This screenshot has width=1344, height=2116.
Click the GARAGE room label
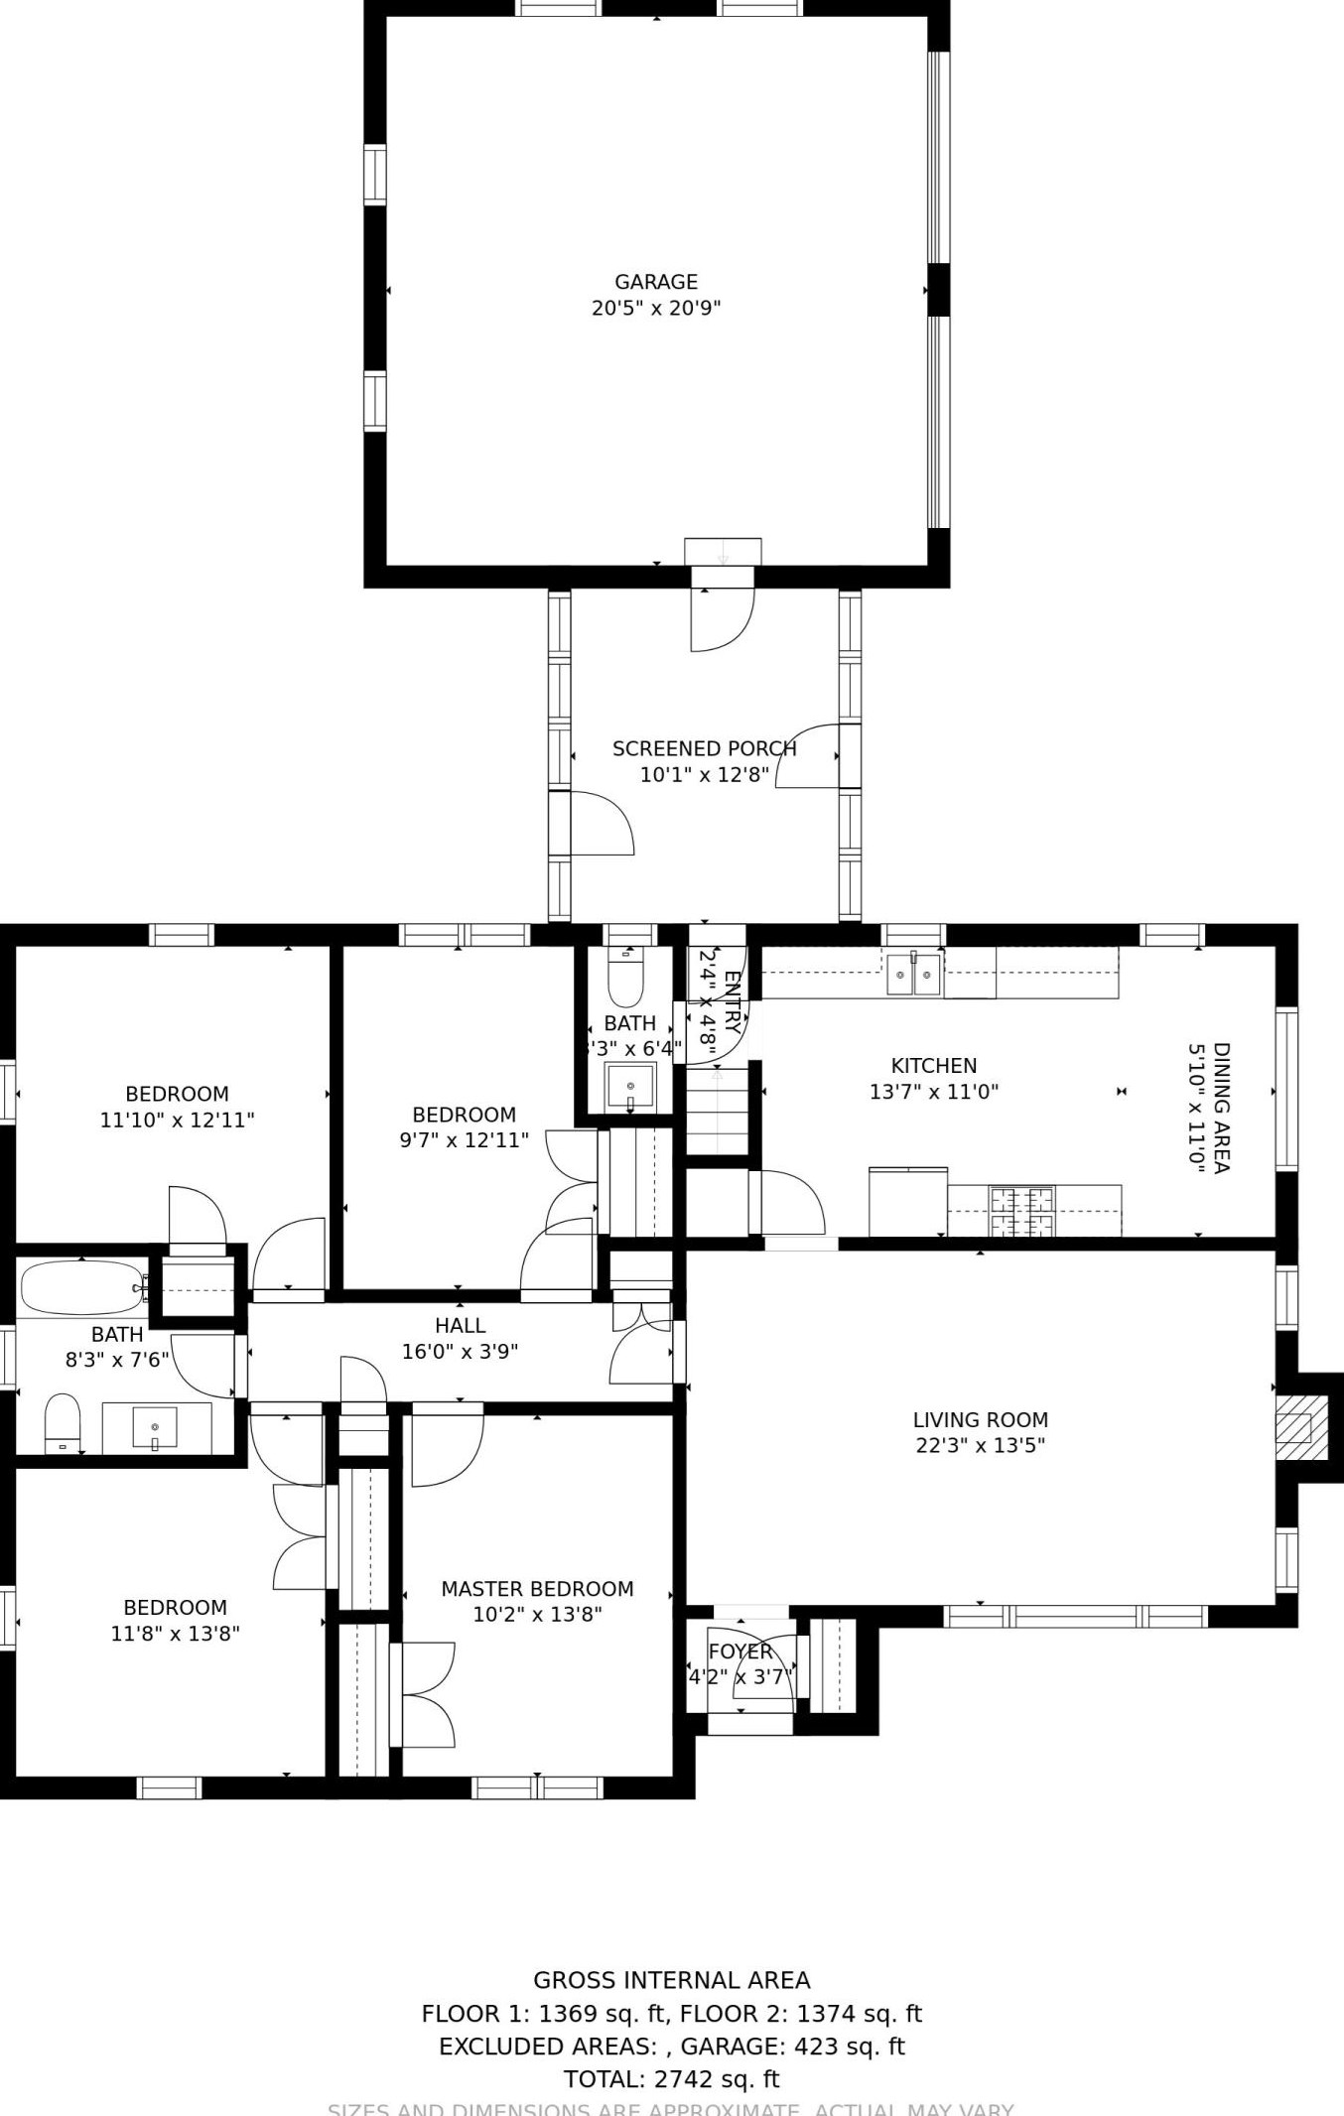coord(655,282)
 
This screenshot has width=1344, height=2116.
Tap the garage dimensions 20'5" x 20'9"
coord(655,309)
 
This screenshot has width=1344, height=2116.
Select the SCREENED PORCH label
coord(704,749)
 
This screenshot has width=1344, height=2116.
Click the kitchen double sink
coord(914,974)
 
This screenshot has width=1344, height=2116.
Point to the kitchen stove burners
coord(1021,1211)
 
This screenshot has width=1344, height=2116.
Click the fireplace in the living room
coord(1300,1428)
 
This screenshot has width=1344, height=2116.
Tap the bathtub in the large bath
coord(80,1287)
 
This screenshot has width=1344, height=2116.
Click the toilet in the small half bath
coord(625,980)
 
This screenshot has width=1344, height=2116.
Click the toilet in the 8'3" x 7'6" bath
coord(63,1422)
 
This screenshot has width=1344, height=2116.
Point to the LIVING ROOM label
coord(980,1420)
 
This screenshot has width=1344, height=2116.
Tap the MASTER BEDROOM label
coord(537,1589)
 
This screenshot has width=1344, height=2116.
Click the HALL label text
coord(460,1326)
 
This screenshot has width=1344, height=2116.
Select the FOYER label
coord(739,1652)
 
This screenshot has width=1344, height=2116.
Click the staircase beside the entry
coord(717,1112)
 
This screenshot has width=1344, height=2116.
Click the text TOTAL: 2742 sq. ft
coord(671,2079)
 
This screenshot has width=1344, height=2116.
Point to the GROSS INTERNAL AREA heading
coord(671,1980)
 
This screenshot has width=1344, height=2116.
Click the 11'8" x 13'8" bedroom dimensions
coord(175,1634)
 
